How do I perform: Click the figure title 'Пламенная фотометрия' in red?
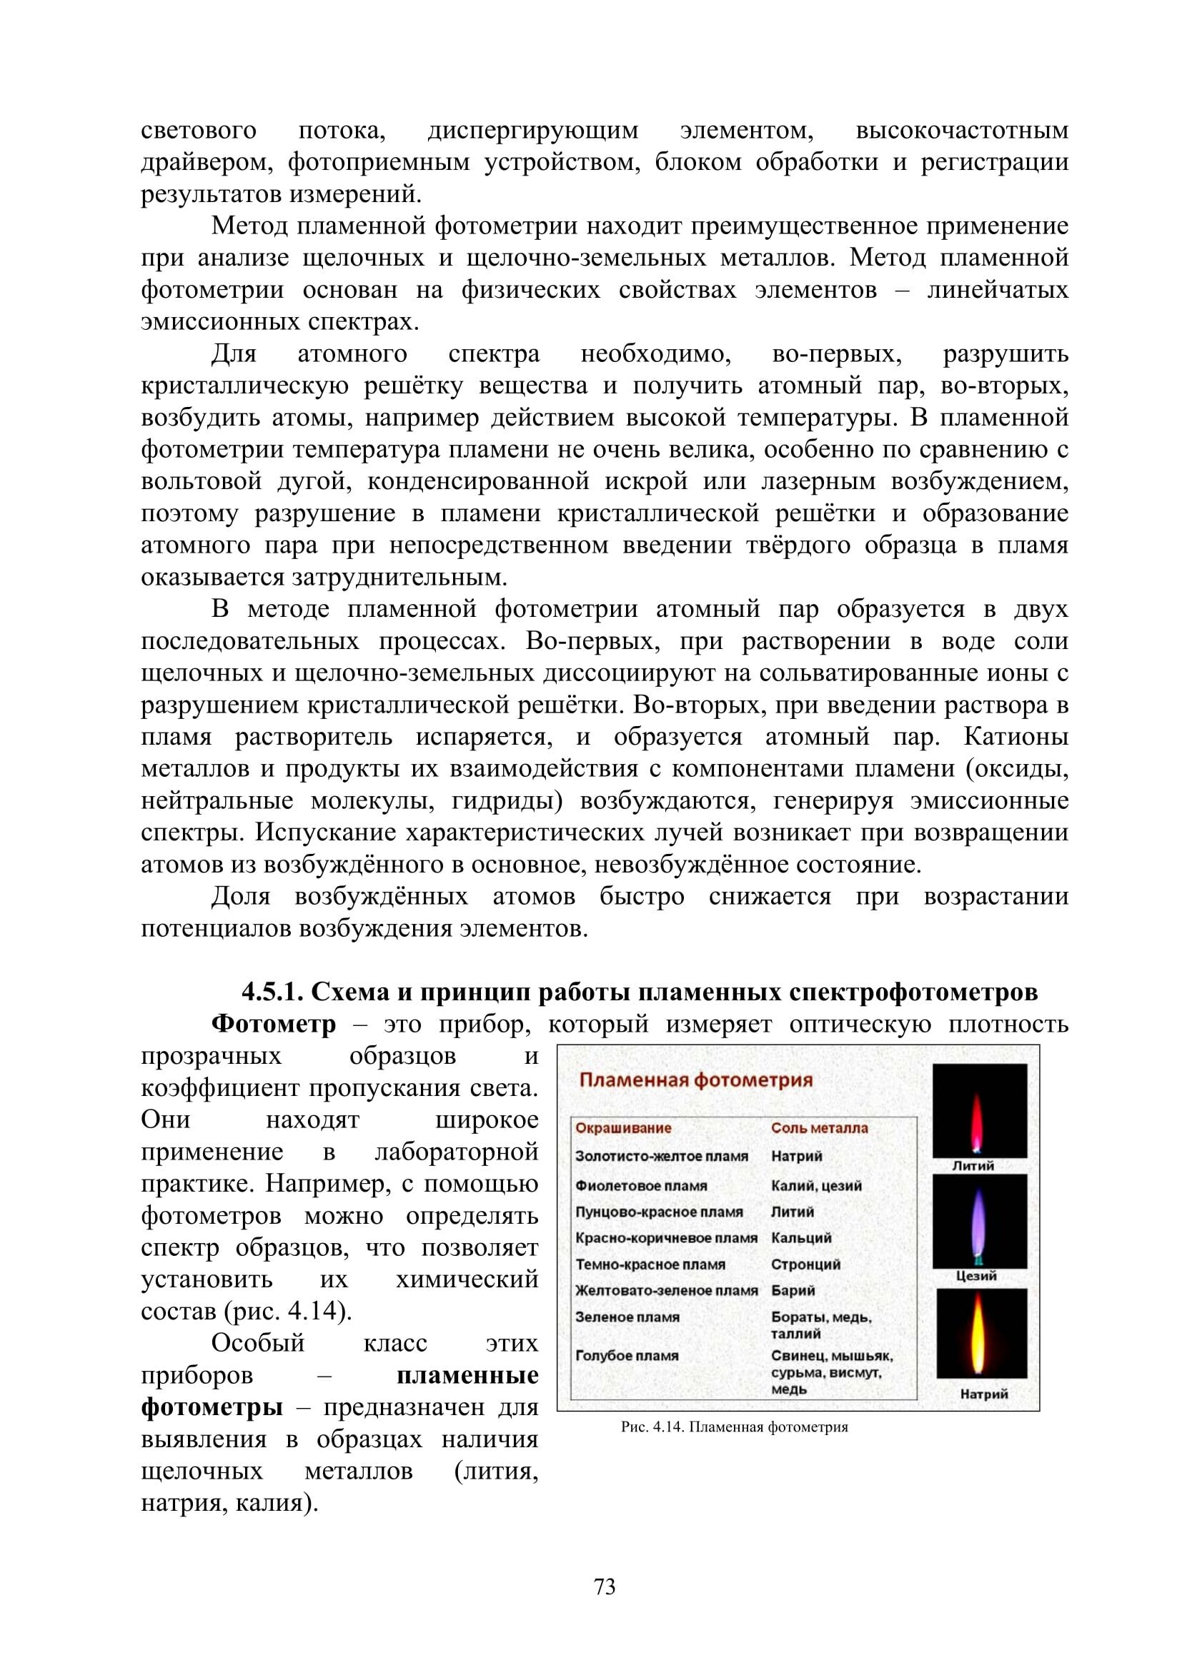point(695,1080)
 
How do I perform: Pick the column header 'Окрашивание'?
point(623,1128)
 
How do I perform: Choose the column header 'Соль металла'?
point(819,1128)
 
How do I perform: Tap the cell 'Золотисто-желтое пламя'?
point(661,1157)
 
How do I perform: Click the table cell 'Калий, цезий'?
point(816,1186)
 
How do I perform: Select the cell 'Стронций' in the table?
point(805,1264)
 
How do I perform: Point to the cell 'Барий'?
point(793,1290)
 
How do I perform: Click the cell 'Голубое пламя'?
point(627,1356)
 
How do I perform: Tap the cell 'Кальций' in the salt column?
point(800,1237)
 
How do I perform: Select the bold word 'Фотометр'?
point(274,1024)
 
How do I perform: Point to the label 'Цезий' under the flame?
point(976,1276)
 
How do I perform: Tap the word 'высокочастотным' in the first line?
point(961,131)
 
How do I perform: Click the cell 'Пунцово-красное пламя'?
point(659,1212)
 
